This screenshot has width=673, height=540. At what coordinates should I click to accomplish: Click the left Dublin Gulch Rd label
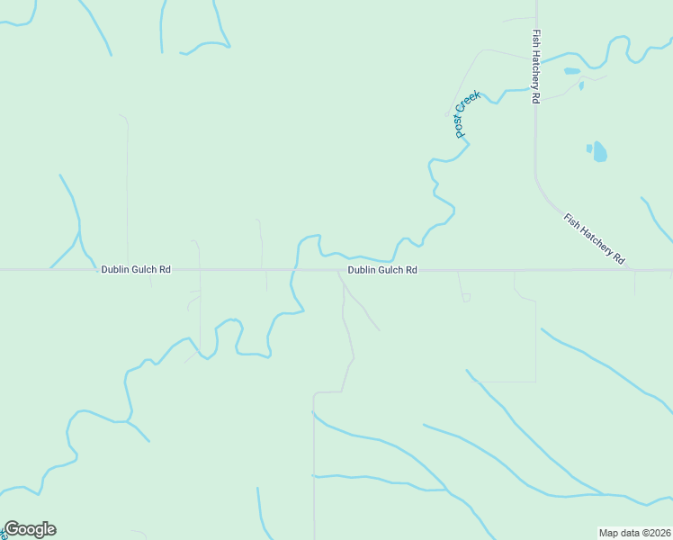136,269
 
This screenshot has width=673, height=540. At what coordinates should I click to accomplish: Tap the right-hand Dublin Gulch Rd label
382,269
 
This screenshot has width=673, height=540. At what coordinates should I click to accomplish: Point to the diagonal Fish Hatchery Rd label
595,238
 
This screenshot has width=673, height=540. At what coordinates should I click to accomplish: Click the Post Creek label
467,114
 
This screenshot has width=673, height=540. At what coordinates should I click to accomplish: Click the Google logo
30,529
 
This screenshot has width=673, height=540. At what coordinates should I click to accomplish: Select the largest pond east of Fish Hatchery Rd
599,151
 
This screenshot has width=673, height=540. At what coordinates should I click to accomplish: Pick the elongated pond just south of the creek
571,71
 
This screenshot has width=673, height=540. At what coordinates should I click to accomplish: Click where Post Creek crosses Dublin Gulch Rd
292,269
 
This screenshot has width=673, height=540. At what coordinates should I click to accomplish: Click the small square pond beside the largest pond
589,148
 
